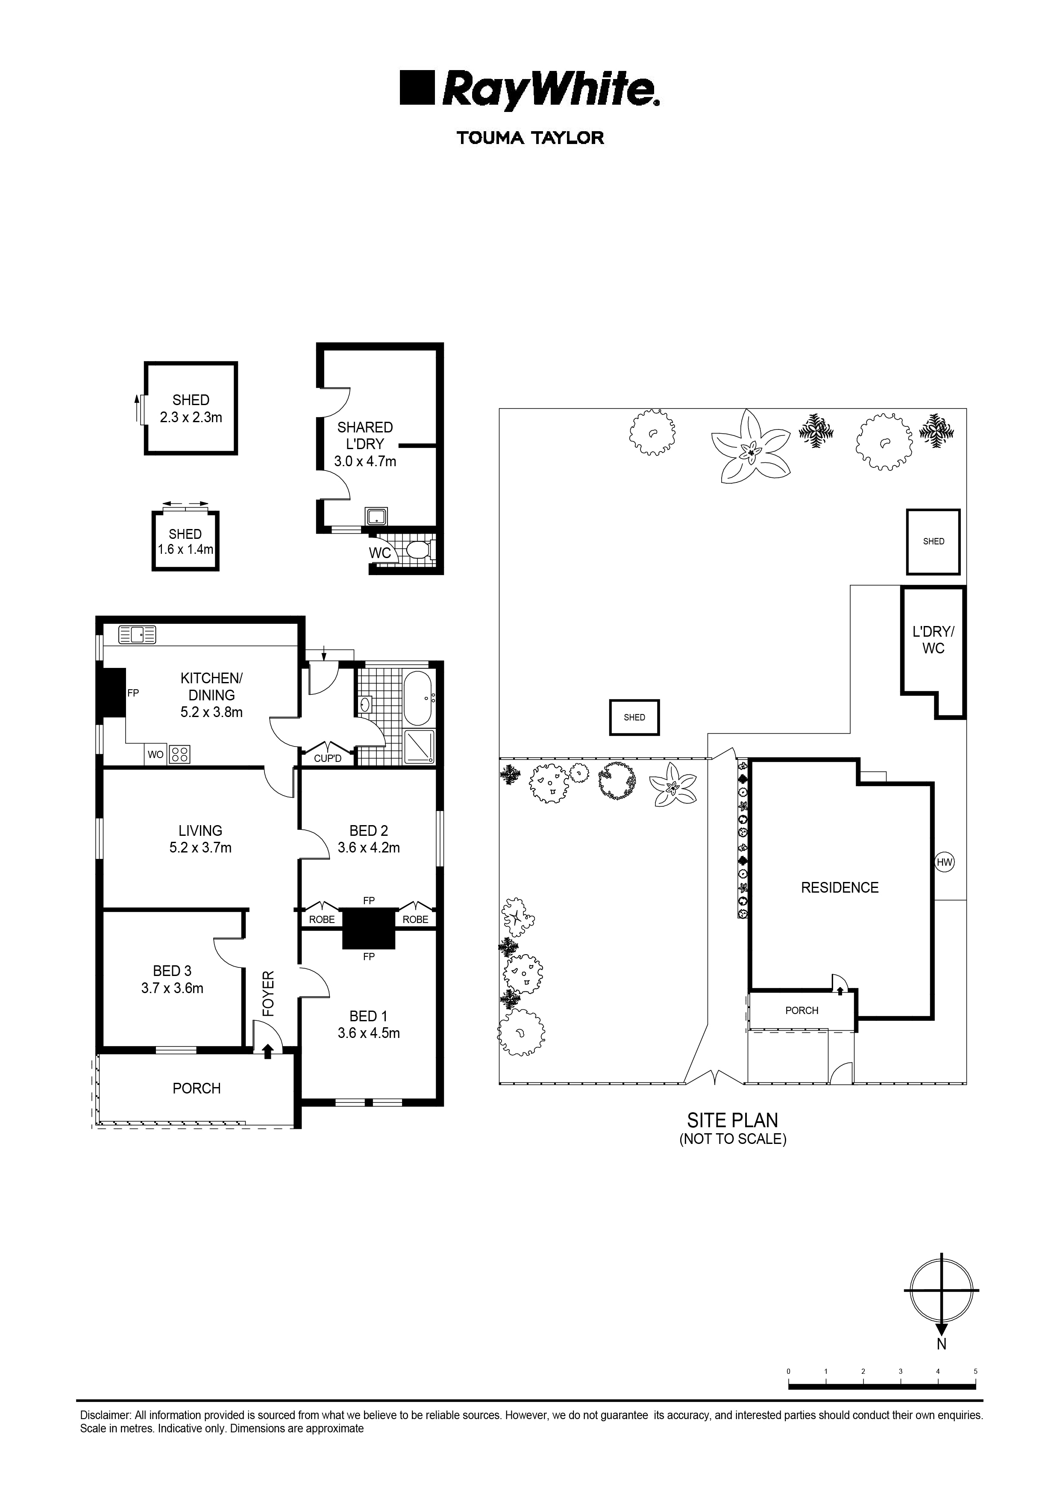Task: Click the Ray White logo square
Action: (418, 88)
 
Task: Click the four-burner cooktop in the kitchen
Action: (179, 754)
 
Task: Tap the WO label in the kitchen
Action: (156, 755)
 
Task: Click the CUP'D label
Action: (328, 758)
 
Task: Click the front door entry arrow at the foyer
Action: (267, 1050)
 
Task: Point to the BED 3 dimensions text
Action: (172, 988)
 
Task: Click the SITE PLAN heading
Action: (732, 1120)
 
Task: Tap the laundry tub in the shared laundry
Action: (376, 517)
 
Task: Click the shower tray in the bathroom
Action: (418, 746)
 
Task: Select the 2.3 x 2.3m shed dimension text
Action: (191, 417)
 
